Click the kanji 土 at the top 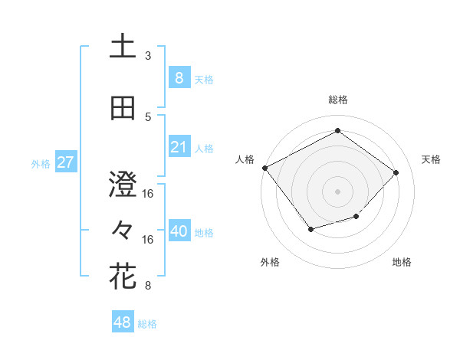(x=123, y=47)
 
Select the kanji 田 (x=123, y=108)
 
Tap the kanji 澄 (x=123, y=185)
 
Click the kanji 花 (x=123, y=277)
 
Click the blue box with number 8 (x=179, y=77)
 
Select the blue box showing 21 (x=179, y=147)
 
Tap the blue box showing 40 (x=179, y=231)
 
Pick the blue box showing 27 (x=65, y=162)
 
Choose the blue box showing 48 (x=123, y=322)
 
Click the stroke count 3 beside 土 (x=148, y=56)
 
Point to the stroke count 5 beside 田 (x=148, y=117)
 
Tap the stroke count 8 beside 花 (x=148, y=286)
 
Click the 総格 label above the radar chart (x=337, y=100)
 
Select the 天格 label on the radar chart (x=431, y=159)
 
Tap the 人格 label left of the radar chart (x=245, y=159)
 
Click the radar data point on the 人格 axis (x=265, y=168)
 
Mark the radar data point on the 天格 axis (x=396, y=172)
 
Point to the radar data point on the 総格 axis (x=337, y=131)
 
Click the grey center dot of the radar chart (x=337, y=191)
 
